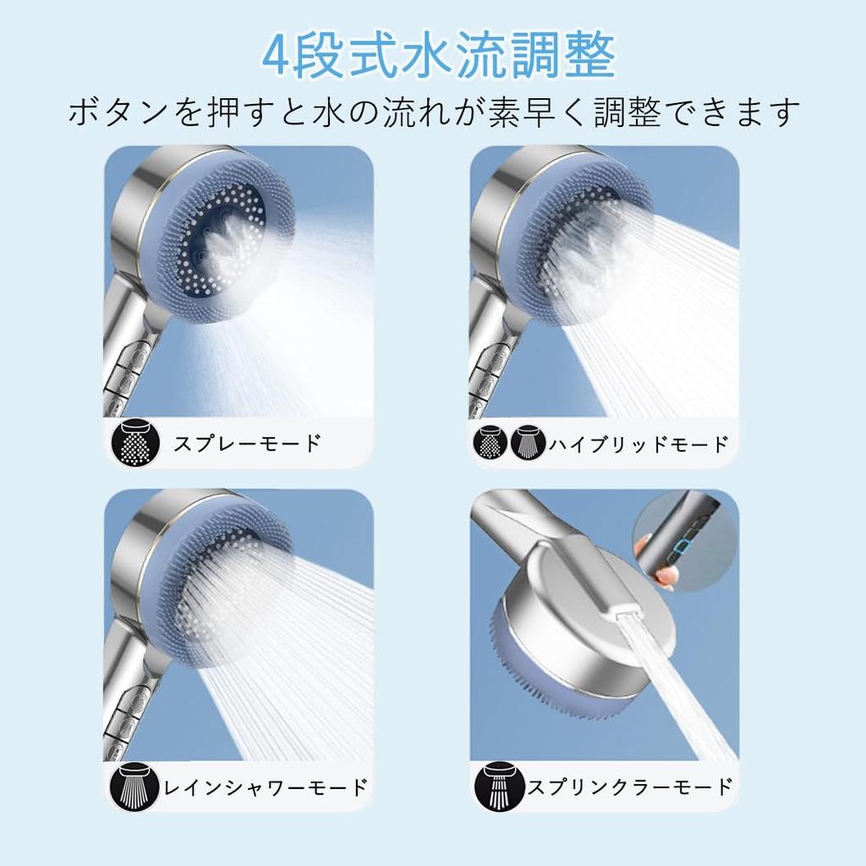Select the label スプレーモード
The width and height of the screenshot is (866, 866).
[247, 443]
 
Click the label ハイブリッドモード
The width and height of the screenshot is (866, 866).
[639, 444]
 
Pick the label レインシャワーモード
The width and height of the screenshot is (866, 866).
[266, 787]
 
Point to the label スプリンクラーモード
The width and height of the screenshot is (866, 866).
[630, 787]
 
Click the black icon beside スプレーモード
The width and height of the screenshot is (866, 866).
[135, 443]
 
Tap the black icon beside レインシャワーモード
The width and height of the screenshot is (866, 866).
[134, 787]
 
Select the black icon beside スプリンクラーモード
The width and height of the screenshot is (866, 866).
[499, 787]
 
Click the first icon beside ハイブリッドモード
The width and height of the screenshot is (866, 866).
[490, 442]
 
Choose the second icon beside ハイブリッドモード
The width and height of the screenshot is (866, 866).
[528, 442]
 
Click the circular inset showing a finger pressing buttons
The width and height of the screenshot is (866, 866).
[685, 541]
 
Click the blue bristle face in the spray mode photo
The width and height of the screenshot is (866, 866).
[221, 243]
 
